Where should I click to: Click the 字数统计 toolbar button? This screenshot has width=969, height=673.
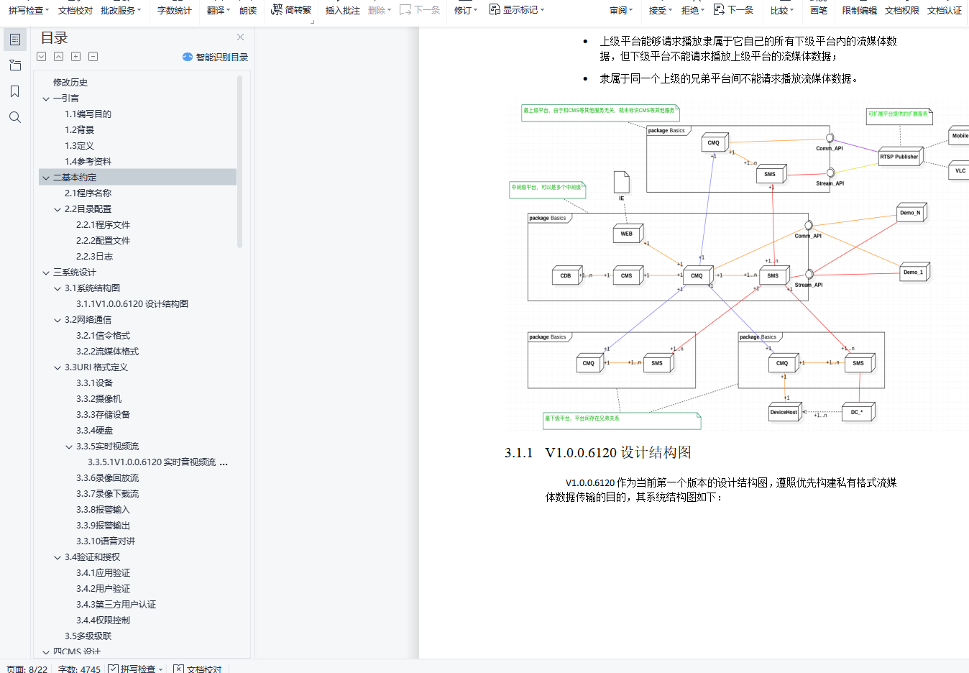[x=174, y=10]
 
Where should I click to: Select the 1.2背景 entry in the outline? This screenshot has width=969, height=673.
[x=80, y=130]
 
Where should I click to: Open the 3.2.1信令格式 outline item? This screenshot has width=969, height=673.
[x=104, y=336]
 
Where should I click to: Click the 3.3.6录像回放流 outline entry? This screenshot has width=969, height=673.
[x=108, y=478]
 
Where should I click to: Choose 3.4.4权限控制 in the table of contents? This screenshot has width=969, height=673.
[x=104, y=621]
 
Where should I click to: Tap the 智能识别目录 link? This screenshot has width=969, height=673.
[x=216, y=57]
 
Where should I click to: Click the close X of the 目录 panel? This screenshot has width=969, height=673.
[x=240, y=37]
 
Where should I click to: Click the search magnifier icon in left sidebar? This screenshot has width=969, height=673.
[x=15, y=117]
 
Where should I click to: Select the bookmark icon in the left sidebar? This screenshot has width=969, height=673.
[x=15, y=91]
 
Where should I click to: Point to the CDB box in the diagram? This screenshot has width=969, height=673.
[x=566, y=276]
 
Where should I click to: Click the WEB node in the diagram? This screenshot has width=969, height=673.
[x=627, y=234]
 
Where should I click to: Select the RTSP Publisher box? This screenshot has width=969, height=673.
[x=899, y=157]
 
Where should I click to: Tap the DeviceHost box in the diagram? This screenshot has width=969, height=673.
[x=784, y=413]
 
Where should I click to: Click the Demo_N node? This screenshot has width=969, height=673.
[x=910, y=213]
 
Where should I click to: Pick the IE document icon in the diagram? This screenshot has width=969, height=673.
[x=622, y=183]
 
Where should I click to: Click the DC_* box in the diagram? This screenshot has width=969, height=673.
[x=857, y=413]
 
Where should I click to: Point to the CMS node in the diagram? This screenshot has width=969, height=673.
[x=627, y=276]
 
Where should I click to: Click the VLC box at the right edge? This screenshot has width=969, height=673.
[x=960, y=171]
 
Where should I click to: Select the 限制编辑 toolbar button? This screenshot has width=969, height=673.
[x=859, y=10]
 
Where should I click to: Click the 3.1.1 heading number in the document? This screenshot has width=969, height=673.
[x=518, y=453]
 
